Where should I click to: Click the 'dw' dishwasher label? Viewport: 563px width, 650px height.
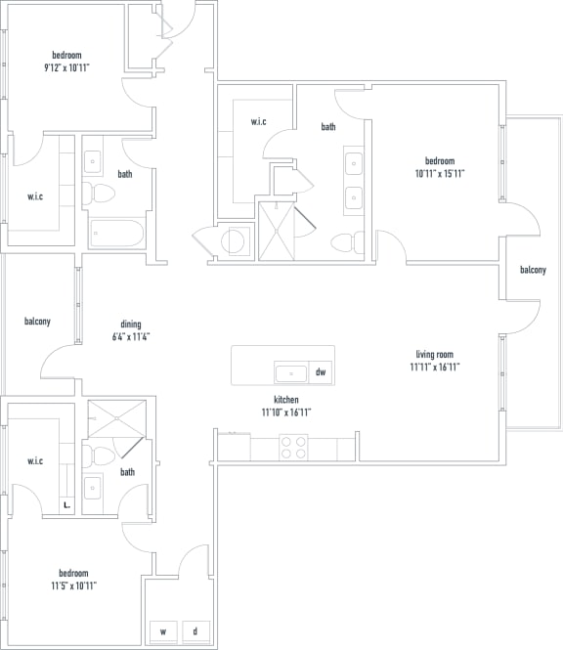[321, 372]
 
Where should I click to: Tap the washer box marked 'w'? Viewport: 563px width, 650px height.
[162, 631]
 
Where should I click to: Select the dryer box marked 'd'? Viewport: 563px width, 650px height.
[195, 631]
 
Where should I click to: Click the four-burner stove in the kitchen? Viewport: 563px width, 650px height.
[294, 447]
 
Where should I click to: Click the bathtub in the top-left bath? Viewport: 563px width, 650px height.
[116, 233]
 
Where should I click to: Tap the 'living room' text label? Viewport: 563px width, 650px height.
[435, 354]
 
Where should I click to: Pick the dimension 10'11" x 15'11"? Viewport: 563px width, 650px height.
[438, 174]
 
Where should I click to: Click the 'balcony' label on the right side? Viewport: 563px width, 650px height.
[533, 270]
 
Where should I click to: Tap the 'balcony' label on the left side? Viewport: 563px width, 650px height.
[37, 321]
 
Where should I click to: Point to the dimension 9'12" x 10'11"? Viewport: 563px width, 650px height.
[67, 68]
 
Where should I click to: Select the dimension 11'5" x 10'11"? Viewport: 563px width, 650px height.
[72, 585]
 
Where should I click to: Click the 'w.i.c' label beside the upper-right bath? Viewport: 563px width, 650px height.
[258, 121]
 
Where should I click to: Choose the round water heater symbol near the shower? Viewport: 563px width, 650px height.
[236, 241]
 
